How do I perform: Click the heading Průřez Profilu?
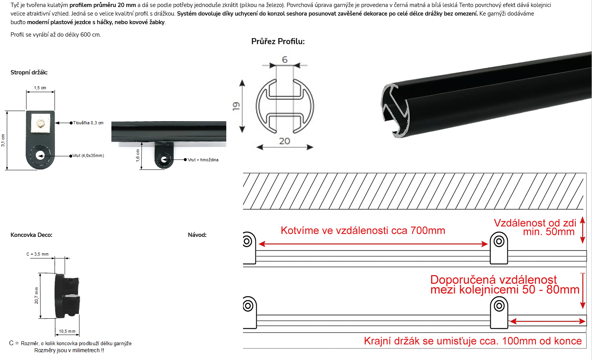click(x=278, y=41)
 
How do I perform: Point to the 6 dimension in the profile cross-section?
click(x=285, y=60)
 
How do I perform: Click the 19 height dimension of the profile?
click(x=236, y=106)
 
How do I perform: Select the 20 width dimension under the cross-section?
click(x=285, y=141)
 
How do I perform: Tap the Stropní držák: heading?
click(x=29, y=72)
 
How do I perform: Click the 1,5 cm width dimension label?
click(x=40, y=88)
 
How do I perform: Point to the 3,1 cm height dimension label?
click(x=3, y=140)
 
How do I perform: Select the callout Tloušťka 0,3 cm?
click(x=88, y=123)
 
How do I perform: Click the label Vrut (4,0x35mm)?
click(x=88, y=155)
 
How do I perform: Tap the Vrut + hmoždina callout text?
click(x=203, y=160)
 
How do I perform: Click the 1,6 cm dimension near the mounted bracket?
click(x=137, y=155)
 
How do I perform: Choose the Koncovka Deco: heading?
click(x=31, y=235)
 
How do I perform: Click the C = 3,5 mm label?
click(x=37, y=254)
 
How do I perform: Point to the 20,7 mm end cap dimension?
click(x=36, y=295)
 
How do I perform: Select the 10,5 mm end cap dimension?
click(x=67, y=331)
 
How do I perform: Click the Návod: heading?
click(x=197, y=235)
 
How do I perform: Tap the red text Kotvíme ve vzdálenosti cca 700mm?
click(x=363, y=231)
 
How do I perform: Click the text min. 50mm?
click(x=549, y=232)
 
